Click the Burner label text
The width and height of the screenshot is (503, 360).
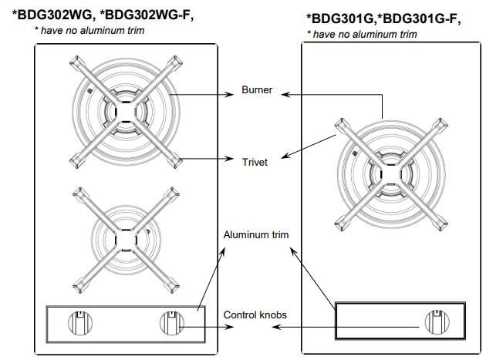click(x=257, y=91)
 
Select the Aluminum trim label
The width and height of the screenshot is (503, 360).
click(x=256, y=234)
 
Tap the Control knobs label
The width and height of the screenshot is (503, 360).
click(x=256, y=315)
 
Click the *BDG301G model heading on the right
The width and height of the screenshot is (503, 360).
click(x=344, y=20)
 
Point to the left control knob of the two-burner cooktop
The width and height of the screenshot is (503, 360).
click(x=79, y=321)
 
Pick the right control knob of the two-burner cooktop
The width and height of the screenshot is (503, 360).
click(x=169, y=321)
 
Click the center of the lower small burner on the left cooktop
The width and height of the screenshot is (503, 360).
click(x=123, y=240)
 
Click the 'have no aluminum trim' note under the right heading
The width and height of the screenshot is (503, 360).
click(x=362, y=34)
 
